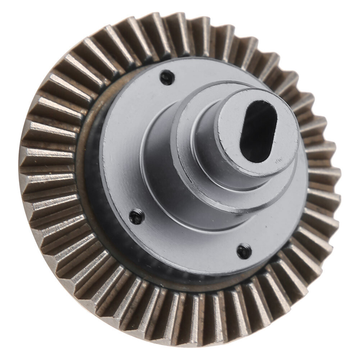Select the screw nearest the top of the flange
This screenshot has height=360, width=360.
167,77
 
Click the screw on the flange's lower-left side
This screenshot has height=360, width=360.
137,216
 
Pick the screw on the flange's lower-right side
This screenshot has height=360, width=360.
244,251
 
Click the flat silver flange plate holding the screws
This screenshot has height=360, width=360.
119,144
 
